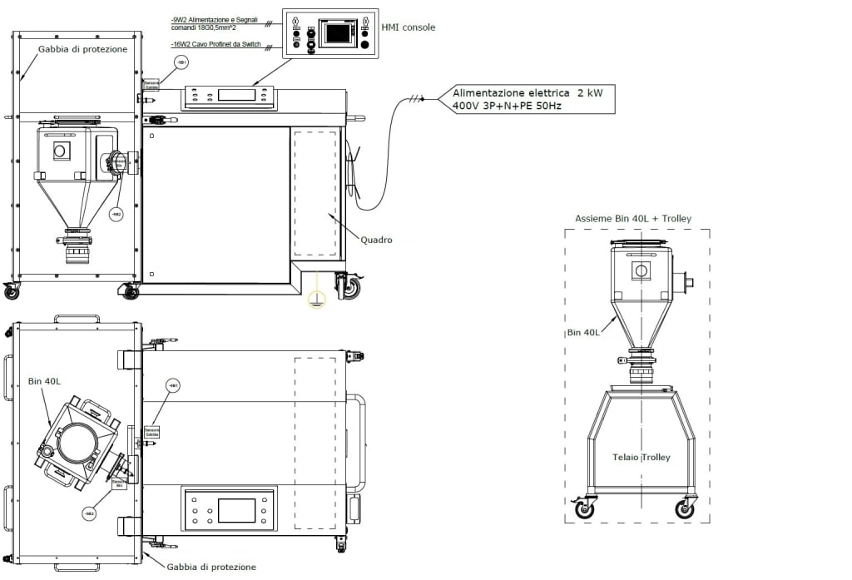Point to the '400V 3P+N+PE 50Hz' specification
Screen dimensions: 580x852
pos(502,107)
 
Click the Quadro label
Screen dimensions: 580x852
pos(375,240)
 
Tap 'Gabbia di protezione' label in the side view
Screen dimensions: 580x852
pos(82,49)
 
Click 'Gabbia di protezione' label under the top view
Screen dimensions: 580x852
pos(211,567)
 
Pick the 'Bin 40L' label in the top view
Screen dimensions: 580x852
pos(42,382)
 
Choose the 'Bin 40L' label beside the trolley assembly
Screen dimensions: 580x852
pos(584,333)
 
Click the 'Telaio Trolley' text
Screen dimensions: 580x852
pos(641,457)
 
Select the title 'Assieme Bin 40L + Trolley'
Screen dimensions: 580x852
pos(632,219)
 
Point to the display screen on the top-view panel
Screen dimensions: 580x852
pos(230,509)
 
